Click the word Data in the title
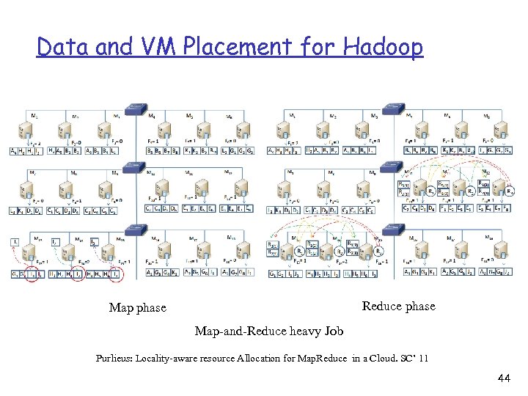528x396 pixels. [61, 47]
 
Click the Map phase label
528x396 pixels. [137, 308]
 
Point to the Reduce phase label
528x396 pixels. [398, 306]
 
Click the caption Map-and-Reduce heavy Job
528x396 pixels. [268, 331]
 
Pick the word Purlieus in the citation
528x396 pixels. [116, 359]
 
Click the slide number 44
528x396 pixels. [503, 378]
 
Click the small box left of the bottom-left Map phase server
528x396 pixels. [15, 242]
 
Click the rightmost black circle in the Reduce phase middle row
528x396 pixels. [509, 192]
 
